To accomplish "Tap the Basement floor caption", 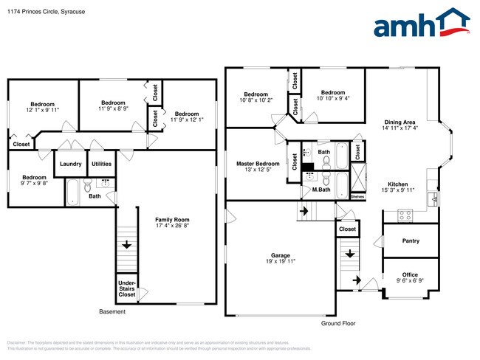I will click(x=112, y=312).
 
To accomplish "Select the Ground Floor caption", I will click(x=338, y=324).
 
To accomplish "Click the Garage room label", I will click(x=279, y=258).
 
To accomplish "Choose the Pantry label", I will click(x=410, y=241).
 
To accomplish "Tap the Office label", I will click(x=410, y=275).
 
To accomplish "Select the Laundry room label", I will click(x=70, y=164).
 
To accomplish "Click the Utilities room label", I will click(x=101, y=164).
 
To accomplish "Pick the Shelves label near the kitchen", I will click(x=357, y=197).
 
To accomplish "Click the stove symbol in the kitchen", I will click(x=405, y=215).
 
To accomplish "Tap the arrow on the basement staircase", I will click(x=126, y=245).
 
